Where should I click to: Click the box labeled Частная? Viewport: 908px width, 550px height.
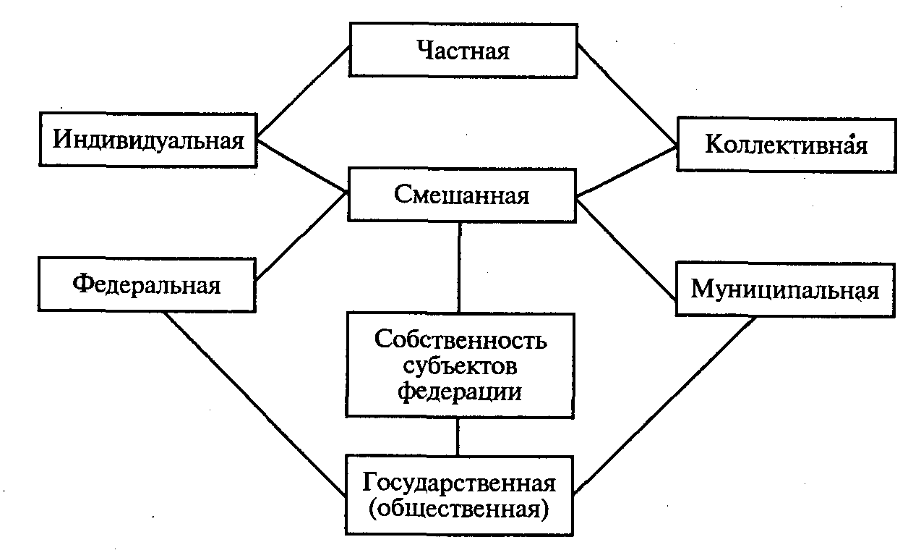[463, 51]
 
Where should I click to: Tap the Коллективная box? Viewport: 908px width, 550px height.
[785, 145]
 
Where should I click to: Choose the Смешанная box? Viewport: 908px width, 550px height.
[462, 195]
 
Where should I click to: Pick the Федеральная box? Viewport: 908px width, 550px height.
[147, 284]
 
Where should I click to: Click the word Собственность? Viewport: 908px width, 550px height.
[461, 340]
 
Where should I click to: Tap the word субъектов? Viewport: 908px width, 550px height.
[461, 365]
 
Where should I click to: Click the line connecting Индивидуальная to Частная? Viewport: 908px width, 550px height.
[304, 91]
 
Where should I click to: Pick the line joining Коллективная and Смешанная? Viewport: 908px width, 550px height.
[626, 172]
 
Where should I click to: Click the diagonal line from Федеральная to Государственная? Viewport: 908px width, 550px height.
[254, 403]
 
